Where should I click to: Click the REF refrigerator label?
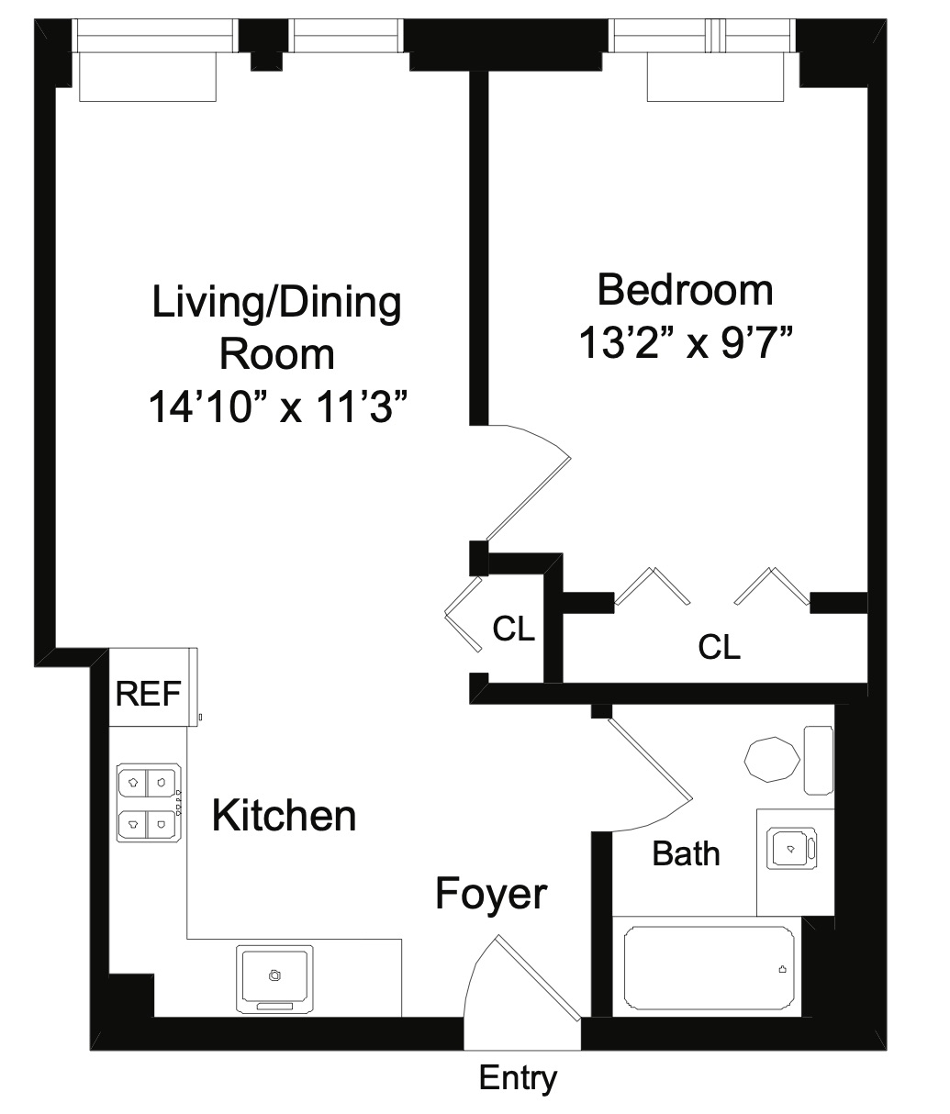[x=148, y=695]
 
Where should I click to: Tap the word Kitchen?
[x=284, y=815]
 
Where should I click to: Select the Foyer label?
[x=491, y=893]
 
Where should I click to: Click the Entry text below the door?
[x=518, y=1077]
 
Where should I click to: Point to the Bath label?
[x=686, y=854]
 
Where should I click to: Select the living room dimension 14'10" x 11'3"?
[x=277, y=407]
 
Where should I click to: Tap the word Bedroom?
[x=685, y=290]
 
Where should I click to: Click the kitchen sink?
[x=274, y=976]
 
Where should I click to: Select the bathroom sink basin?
[x=788, y=849]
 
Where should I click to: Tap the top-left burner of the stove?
[x=133, y=782]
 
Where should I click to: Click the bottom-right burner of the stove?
[x=162, y=824]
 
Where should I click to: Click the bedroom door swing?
[x=528, y=482]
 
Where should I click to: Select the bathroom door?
[x=648, y=766]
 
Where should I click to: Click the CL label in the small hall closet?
[x=513, y=629]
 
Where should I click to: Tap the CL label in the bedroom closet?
[x=719, y=647]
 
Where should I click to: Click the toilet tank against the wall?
[x=818, y=760]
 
